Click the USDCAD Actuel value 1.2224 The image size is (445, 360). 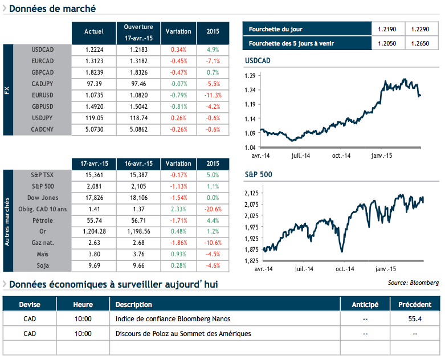93,50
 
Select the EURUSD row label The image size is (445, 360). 43,95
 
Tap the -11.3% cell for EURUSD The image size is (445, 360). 213,95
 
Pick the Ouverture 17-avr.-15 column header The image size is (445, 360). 138,32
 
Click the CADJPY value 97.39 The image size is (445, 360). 93,84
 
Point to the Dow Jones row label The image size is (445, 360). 43,198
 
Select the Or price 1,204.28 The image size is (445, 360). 93,232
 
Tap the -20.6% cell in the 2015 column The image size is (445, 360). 213,209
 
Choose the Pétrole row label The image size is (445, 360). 43,220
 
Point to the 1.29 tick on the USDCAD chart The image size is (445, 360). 250,76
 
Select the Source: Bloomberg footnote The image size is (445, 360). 413,283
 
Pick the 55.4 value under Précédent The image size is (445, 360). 414,319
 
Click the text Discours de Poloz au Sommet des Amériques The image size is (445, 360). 183,334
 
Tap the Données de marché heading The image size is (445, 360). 52,9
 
